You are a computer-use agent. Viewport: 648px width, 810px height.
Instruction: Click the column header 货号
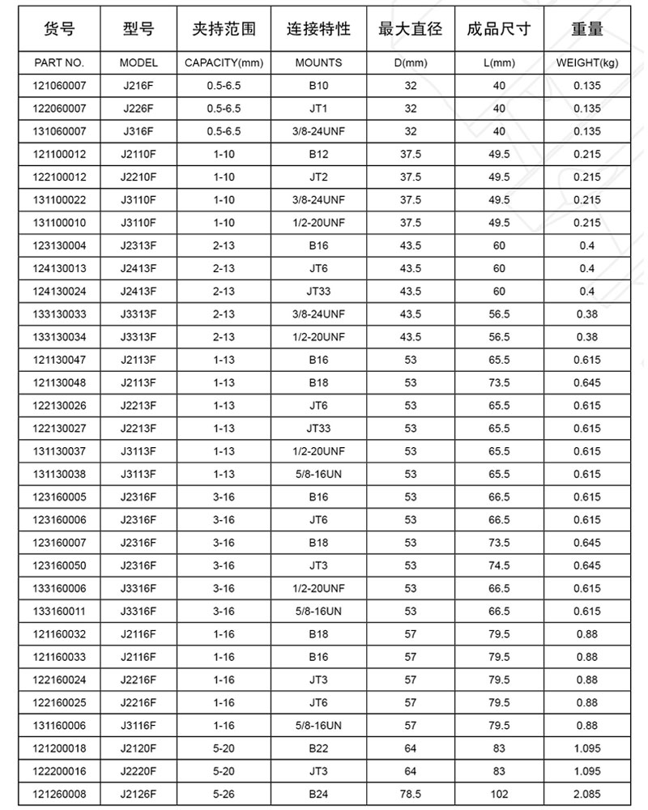[58, 30]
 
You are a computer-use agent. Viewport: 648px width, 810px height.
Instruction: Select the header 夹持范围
[224, 30]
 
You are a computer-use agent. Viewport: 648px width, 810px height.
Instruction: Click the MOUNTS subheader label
[318, 62]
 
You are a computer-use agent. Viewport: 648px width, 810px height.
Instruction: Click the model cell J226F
[139, 109]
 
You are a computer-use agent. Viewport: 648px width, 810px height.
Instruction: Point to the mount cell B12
[318, 154]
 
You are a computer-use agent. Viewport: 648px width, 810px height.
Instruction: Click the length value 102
[500, 794]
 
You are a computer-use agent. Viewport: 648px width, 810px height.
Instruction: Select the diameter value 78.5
[411, 794]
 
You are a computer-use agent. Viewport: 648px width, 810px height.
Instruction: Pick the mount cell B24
[318, 794]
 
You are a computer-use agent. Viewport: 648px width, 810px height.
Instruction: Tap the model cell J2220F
[139, 771]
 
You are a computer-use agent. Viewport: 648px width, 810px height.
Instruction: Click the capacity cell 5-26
[224, 794]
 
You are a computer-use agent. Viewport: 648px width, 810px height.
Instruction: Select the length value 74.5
[500, 565]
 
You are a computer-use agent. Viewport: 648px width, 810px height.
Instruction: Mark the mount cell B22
[318, 748]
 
